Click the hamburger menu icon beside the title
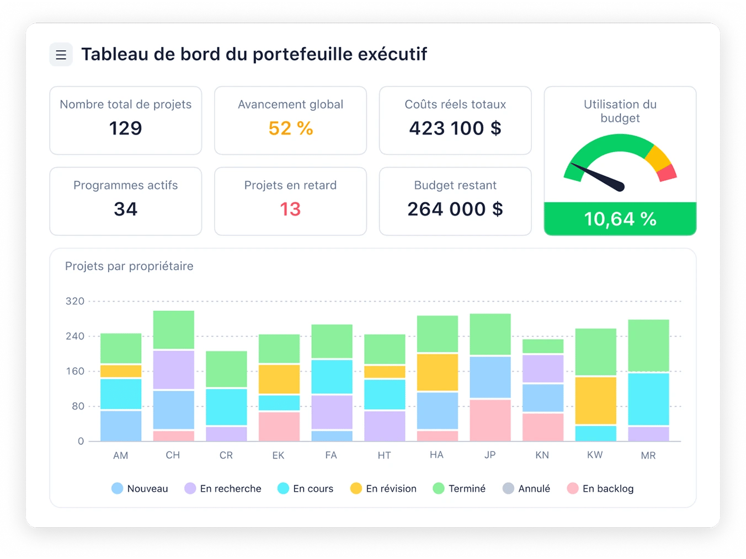tap(61, 55)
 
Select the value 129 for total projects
tap(125, 128)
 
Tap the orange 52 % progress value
tap(290, 128)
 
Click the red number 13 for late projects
tap(290, 209)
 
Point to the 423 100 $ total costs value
tap(455, 128)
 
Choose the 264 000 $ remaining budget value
tap(455, 209)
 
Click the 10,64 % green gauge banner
tap(620, 219)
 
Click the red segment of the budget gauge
tap(667, 173)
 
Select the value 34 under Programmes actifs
tap(125, 209)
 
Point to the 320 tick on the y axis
tap(75, 301)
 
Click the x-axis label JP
tap(490, 455)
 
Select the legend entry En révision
tap(383, 488)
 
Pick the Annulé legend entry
tap(526, 488)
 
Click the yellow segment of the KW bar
tap(595, 400)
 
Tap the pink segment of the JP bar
tap(490, 420)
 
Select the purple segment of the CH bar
tap(173, 369)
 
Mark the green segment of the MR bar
tap(648, 345)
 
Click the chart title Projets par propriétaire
tap(129, 266)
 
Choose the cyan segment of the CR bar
tap(226, 407)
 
